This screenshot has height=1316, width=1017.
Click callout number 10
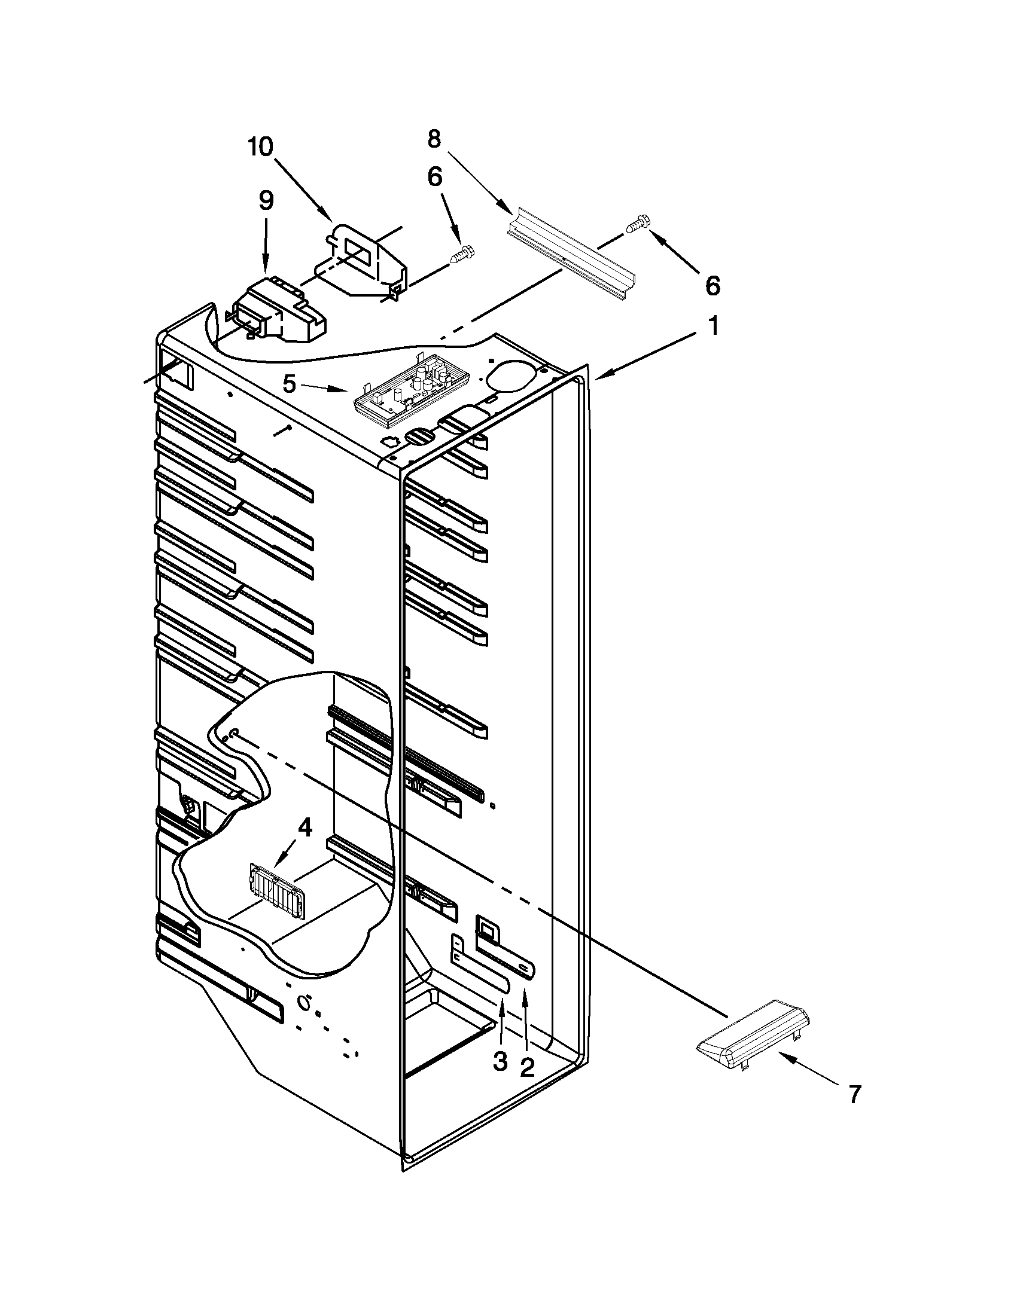[260, 146]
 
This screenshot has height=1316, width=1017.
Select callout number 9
[266, 200]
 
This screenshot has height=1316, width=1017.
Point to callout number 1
[713, 326]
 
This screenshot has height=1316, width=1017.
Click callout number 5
[290, 384]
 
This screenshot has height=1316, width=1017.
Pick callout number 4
[306, 828]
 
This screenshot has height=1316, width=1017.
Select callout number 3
[500, 1061]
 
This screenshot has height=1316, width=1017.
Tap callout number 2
[527, 1067]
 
